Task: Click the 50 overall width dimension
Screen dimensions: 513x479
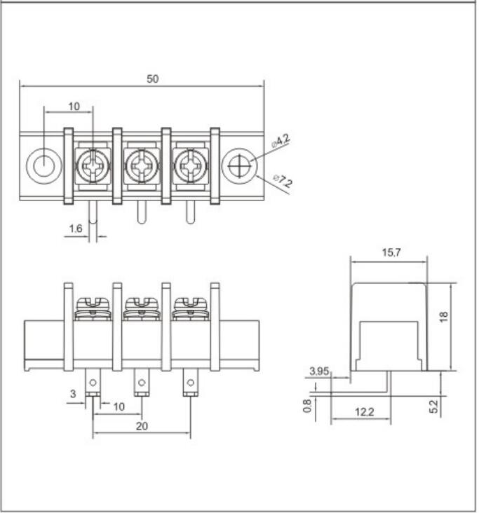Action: coord(152,79)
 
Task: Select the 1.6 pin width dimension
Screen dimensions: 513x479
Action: coord(76,228)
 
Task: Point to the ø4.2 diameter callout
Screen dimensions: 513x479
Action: coord(281,142)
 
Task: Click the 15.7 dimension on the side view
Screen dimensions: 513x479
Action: coord(391,253)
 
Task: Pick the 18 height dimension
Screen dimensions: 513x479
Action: coord(443,317)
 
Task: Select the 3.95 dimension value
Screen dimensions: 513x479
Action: coord(319,371)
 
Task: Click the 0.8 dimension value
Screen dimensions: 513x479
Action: coord(307,406)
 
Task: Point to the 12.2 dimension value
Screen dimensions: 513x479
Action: coord(364,412)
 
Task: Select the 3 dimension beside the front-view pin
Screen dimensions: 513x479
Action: coord(72,395)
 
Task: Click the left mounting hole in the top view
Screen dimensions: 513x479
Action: coord(43,166)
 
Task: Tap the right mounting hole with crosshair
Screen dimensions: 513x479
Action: coord(240,166)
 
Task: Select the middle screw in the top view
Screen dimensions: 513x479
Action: coord(142,167)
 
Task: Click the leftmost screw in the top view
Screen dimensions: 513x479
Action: coord(93,167)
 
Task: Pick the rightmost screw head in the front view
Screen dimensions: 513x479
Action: coord(190,306)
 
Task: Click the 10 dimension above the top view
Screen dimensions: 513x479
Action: coord(74,107)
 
